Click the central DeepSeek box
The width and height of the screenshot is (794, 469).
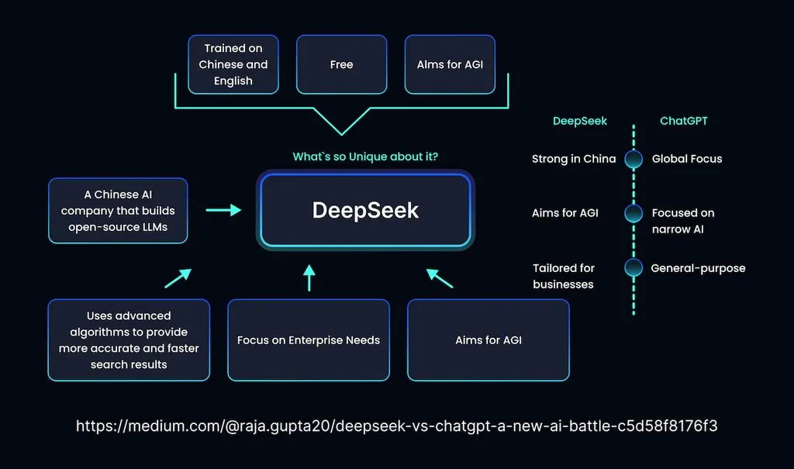tap(365, 210)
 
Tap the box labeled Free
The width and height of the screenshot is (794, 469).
tap(341, 64)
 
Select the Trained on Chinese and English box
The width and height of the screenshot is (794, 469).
tap(233, 64)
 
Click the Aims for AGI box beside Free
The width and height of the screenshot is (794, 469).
tap(450, 64)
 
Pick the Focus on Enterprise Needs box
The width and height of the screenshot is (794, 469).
tap(309, 340)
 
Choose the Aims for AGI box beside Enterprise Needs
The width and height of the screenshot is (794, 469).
tap(488, 340)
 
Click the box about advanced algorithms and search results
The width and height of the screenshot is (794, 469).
tap(129, 340)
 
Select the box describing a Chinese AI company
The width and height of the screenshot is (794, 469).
tap(118, 211)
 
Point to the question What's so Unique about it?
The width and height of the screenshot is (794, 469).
tap(365, 157)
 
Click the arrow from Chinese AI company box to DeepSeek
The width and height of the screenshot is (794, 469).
tap(223, 210)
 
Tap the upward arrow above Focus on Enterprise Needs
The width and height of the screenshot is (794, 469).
tap(309, 277)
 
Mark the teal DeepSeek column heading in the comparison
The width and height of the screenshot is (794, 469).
tap(580, 121)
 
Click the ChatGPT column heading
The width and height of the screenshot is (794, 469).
tap(683, 121)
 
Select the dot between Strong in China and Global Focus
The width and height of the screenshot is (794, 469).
tap(633, 159)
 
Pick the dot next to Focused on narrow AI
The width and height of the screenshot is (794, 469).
tap(633, 213)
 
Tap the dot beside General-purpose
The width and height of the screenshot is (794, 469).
tap(633, 268)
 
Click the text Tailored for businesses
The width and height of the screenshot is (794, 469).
tap(564, 276)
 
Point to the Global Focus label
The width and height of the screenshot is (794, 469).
tap(686, 159)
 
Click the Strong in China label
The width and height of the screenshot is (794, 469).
tap(574, 159)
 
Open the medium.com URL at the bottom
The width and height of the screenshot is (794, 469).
tap(396, 426)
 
